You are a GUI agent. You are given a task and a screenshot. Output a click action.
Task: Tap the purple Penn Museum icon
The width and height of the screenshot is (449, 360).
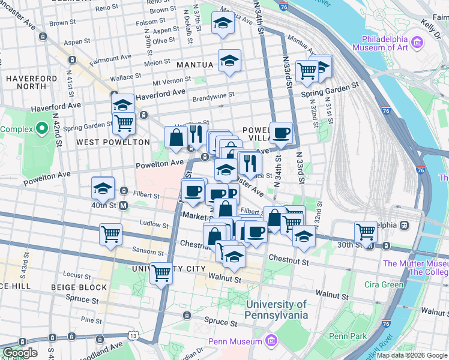point(271,341)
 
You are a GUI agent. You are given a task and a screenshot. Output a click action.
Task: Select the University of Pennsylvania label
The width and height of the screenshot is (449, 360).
point(277,310)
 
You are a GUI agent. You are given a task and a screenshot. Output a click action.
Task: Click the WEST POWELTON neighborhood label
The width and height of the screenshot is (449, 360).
point(113,142)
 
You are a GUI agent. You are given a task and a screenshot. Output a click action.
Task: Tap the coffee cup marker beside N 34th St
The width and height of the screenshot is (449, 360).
point(280,133)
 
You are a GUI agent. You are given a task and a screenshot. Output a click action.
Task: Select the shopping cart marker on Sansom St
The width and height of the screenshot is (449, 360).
point(110,234)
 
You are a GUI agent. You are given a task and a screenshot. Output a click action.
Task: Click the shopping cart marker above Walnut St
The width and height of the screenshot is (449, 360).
point(161,273)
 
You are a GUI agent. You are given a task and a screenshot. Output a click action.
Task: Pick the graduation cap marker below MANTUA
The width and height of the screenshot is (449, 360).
point(229,61)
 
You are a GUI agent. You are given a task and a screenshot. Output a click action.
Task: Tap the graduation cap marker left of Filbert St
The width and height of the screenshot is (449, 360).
point(103,188)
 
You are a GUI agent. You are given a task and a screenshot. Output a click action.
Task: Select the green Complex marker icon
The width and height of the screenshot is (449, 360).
point(41,128)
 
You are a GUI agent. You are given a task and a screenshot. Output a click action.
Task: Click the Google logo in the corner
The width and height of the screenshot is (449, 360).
point(20,353)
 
